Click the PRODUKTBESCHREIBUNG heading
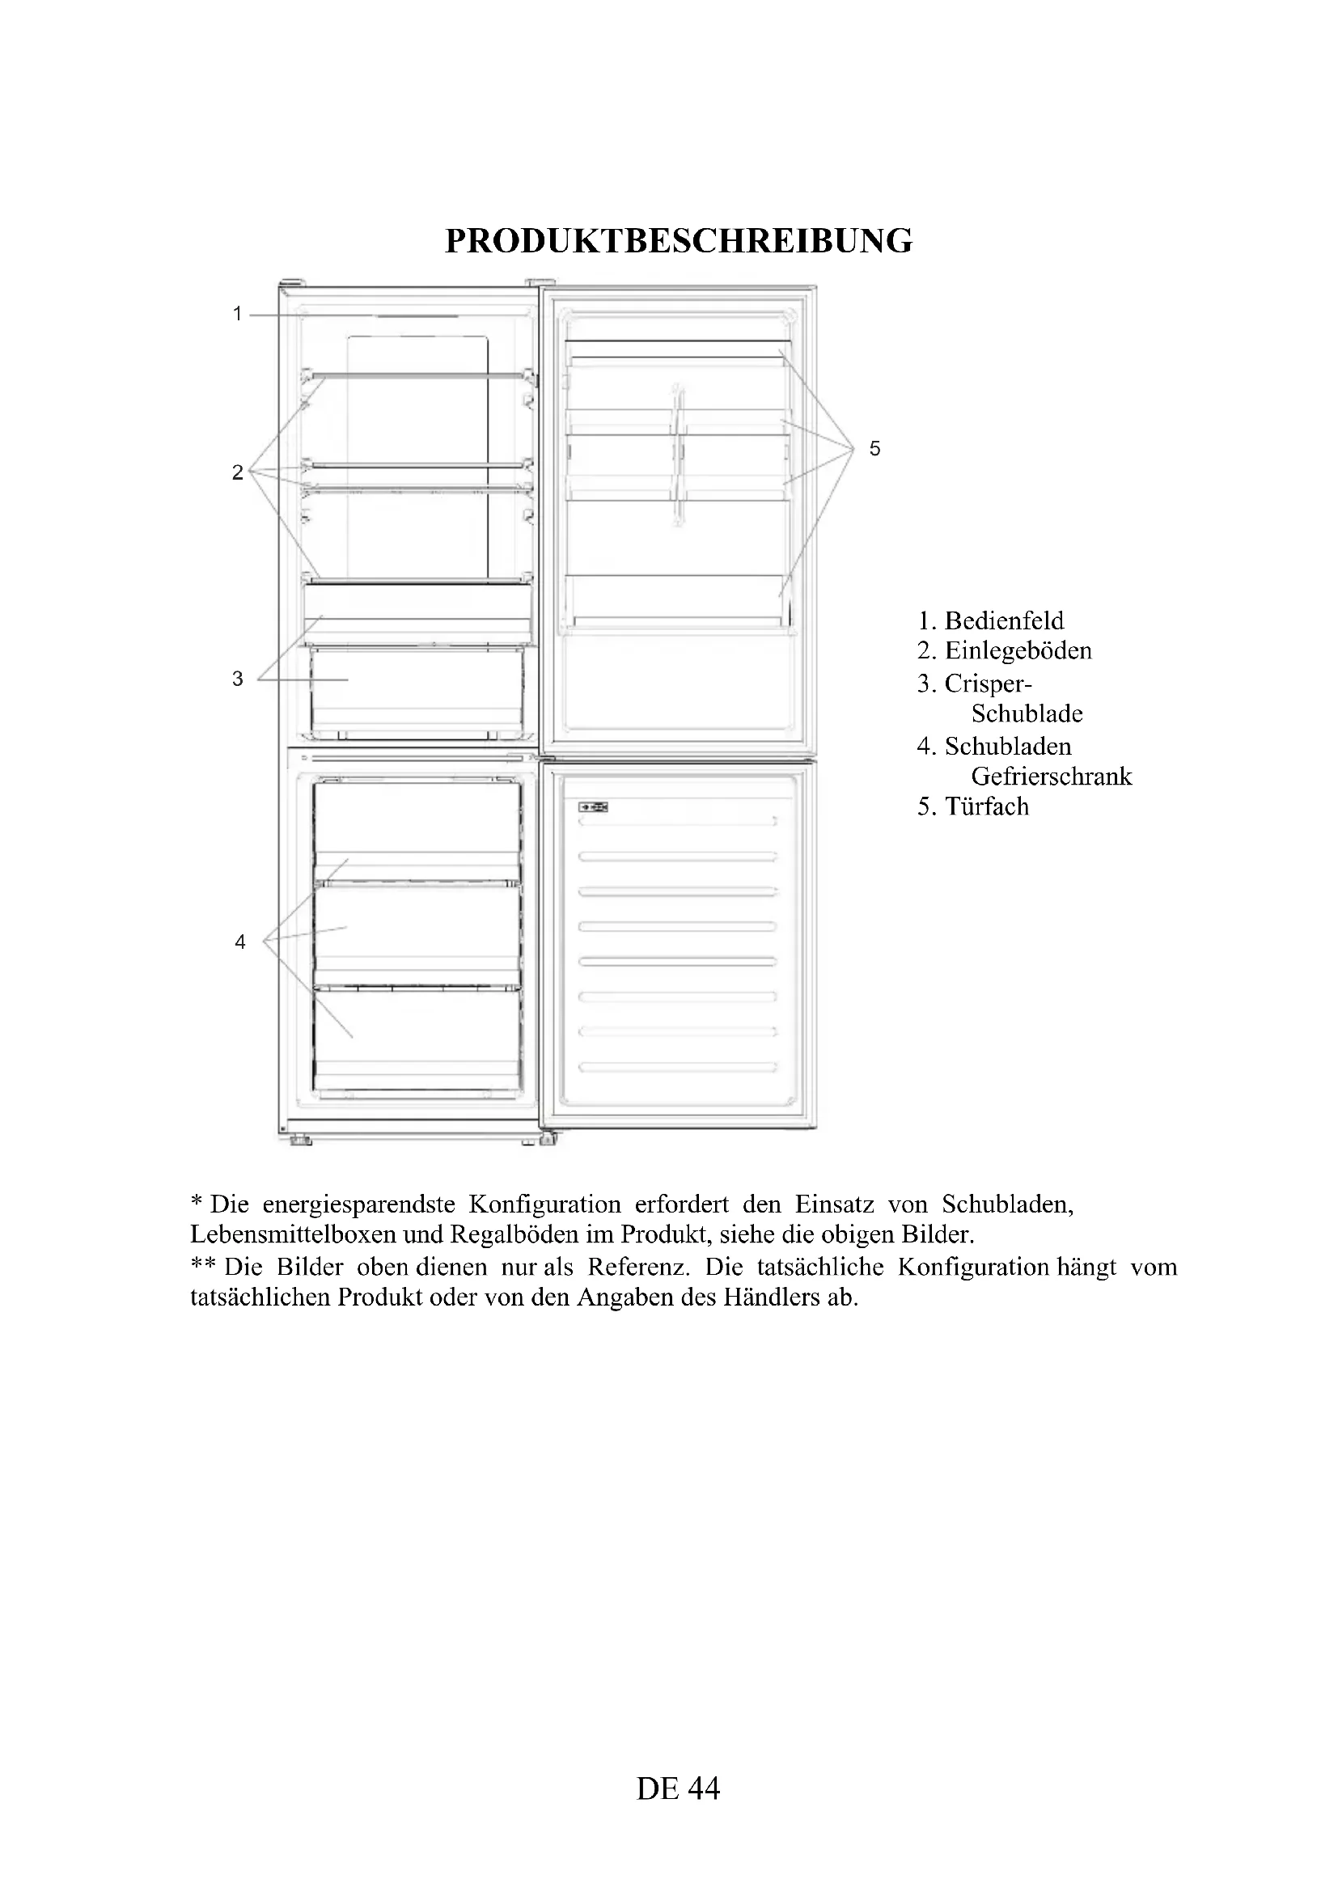pos(678,241)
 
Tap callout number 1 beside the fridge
pos(237,314)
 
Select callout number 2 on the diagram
pos(237,472)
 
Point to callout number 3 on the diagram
pos(237,679)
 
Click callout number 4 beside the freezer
pos(239,941)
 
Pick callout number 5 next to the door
pos(875,448)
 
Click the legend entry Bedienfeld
pos(1003,620)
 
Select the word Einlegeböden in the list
pos(1018,651)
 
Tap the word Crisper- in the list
pos(988,684)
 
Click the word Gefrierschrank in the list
pos(1052,777)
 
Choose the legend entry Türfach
pos(986,806)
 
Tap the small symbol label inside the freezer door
pos(593,806)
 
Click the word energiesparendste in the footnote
pos(358,1204)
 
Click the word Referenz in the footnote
pos(637,1267)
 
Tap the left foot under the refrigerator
pos(300,1141)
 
